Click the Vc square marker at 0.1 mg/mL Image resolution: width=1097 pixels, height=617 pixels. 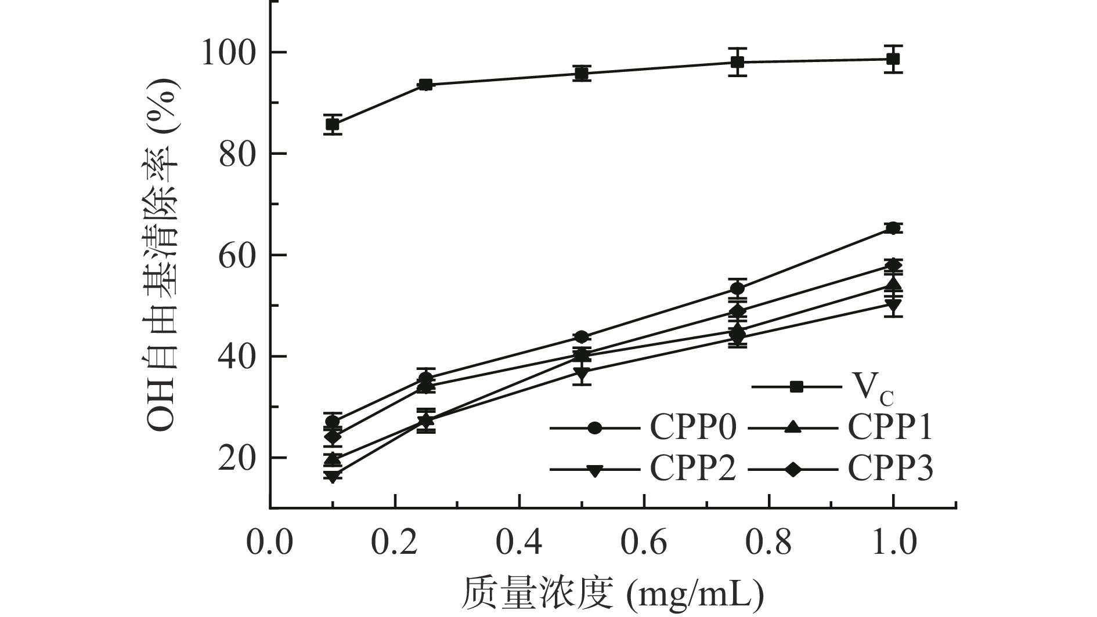pyautogui.click(x=333, y=124)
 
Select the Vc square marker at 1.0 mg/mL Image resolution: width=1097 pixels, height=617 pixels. pyautogui.click(x=893, y=59)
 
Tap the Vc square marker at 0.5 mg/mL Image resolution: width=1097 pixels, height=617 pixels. pyautogui.click(x=582, y=74)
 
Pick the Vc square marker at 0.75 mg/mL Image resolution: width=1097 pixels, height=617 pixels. pyautogui.click(x=737, y=62)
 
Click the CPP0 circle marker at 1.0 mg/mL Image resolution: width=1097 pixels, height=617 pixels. pyautogui.click(x=893, y=228)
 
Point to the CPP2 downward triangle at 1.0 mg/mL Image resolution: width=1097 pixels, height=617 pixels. pyautogui.click(x=893, y=304)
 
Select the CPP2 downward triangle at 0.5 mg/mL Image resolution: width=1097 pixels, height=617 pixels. pyautogui.click(x=582, y=373)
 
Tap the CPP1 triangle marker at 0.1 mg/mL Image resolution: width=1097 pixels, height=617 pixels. pyautogui.click(x=333, y=459)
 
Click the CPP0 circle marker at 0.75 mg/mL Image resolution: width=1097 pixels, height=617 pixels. pyautogui.click(x=737, y=288)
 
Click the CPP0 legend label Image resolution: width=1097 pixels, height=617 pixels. pyautogui.click(x=693, y=429)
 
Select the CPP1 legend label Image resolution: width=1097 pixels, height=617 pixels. pyautogui.click(x=890, y=429)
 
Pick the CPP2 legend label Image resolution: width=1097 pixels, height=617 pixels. pyautogui.click(x=693, y=468)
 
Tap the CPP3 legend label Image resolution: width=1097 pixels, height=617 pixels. pyautogui.click(x=890, y=468)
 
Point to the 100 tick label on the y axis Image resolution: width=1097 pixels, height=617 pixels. pyautogui.click(x=228, y=53)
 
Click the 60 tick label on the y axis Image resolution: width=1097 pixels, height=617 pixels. pyautogui.click(x=238, y=256)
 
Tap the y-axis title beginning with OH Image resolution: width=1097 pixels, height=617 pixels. pyautogui.click(x=162, y=255)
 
